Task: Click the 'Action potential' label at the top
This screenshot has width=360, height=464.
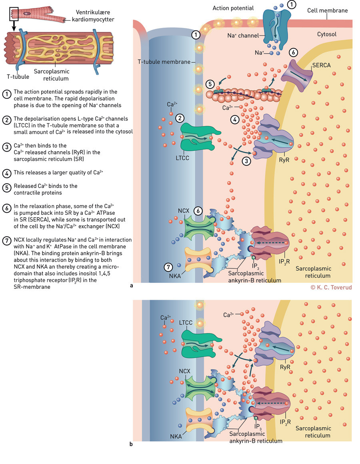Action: (233, 8)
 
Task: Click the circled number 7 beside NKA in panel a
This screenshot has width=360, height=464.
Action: (169, 267)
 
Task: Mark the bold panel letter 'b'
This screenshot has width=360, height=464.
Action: (132, 444)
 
